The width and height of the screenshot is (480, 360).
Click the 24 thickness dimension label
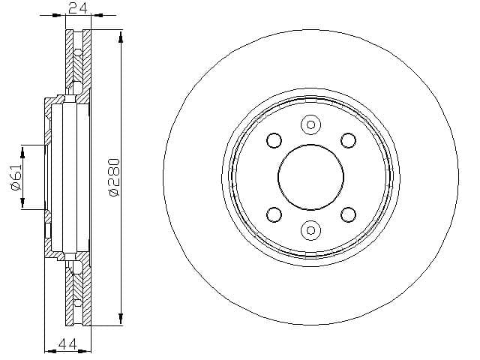pyautogui.click(x=78, y=8)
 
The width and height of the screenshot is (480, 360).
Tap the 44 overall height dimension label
pyautogui.click(x=67, y=344)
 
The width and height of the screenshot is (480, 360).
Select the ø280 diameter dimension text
pyautogui.click(x=113, y=177)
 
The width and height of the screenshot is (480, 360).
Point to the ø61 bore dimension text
pyautogui.click(x=16, y=177)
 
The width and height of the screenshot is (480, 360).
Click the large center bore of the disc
pyautogui.click(x=310, y=177)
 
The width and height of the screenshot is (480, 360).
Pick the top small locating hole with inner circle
pyautogui.click(x=310, y=124)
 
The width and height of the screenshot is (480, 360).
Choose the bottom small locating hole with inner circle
pyautogui.click(x=310, y=230)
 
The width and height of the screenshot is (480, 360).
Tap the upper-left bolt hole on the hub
pyautogui.click(x=274, y=140)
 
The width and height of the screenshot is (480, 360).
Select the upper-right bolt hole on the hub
pyautogui.click(x=348, y=140)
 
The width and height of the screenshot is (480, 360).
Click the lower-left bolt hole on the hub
pyautogui.click(x=274, y=214)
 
